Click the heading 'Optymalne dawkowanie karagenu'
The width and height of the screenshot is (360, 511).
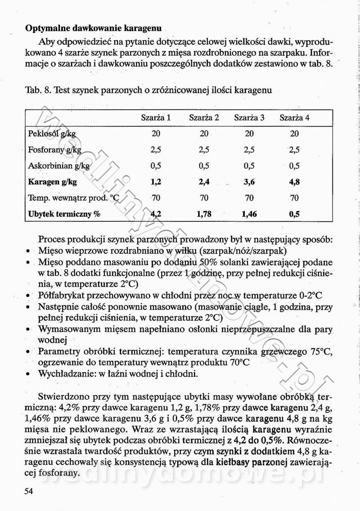[x=93, y=28]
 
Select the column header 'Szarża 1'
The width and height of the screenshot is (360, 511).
[x=156, y=118]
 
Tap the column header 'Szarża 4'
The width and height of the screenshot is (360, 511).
[x=294, y=118]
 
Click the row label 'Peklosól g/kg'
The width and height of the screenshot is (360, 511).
[x=52, y=134]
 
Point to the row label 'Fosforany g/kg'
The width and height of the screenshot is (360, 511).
[x=55, y=150]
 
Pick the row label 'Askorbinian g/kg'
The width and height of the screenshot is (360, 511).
[x=59, y=166]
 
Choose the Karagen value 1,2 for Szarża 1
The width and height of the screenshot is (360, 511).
[x=156, y=182]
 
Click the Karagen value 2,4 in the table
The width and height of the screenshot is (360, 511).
[x=204, y=182]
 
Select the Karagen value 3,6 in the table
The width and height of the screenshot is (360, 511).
[x=249, y=182]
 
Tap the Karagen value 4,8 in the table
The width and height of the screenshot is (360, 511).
[x=294, y=182]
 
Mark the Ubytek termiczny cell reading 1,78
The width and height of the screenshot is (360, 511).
[x=204, y=214]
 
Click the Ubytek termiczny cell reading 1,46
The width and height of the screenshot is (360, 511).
[x=249, y=214]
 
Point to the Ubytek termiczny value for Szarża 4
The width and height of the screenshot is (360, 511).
[x=294, y=214]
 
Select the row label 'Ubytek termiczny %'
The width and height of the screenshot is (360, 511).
[x=64, y=214]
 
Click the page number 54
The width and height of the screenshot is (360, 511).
[x=29, y=490]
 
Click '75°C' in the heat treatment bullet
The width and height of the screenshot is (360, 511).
[x=322, y=351]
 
